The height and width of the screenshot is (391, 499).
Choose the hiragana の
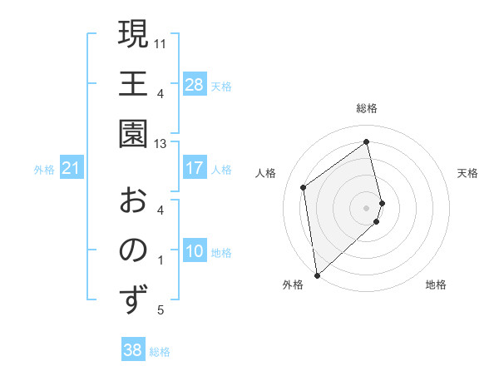point(133,250)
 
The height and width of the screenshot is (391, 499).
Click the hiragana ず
point(133,300)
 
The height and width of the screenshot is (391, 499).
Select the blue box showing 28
point(195,84)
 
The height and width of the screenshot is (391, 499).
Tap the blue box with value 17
point(195,168)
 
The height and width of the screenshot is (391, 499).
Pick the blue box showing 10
point(195,251)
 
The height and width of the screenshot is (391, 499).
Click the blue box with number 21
point(72,169)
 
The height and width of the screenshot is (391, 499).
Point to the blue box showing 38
point(133,350)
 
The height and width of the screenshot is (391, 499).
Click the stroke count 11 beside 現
point(161,42)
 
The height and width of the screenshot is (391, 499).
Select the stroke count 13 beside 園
point(161,143)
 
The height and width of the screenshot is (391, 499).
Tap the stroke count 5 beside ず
point(161,311)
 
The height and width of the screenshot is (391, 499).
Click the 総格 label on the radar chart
point(367,108)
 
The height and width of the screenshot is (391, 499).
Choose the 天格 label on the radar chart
point(468,173)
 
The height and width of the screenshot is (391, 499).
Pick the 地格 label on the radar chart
point(436,285)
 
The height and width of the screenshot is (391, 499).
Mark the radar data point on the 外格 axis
point(317,275)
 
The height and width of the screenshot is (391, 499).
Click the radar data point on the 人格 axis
point(304,187)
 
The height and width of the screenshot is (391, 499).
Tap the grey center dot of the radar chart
point(367,207)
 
